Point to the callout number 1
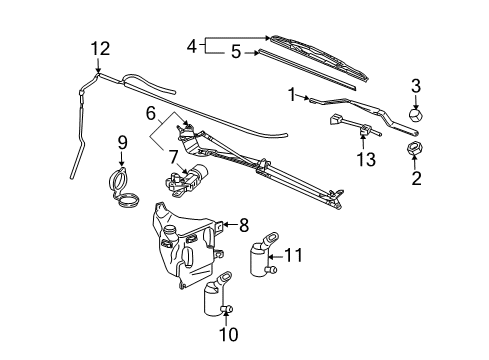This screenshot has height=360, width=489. [290, 94]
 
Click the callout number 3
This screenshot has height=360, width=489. [416, 86]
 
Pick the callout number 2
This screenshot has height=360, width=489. [416, 178]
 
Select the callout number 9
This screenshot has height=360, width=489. [121, 142]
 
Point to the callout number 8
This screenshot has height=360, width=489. [243, 225]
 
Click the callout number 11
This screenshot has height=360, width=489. [292, 256]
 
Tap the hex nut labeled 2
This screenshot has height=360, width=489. [414, 151]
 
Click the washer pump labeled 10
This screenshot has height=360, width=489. [215, 297]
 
